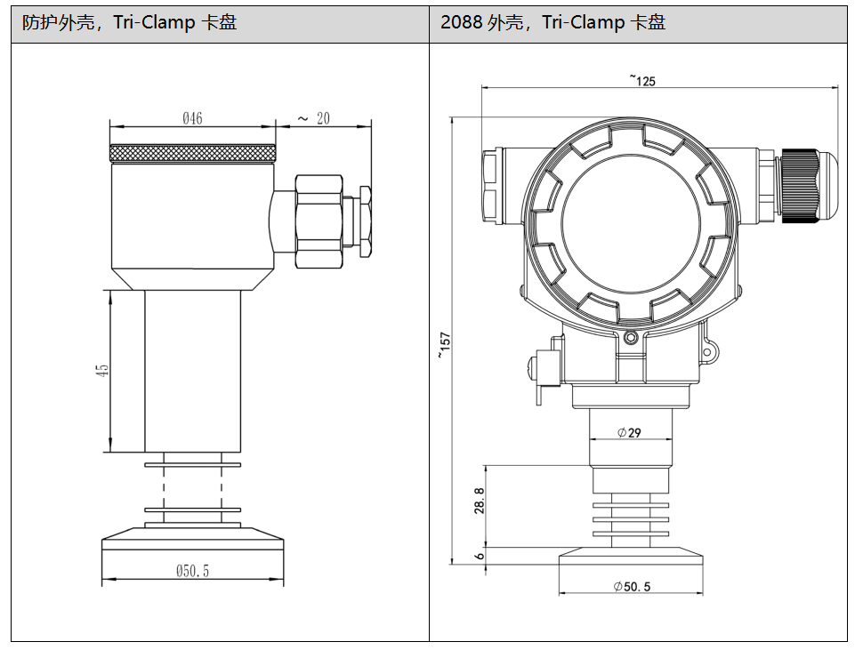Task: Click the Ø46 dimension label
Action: tap(193, 118)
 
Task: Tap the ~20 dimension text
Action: tap(314, 118)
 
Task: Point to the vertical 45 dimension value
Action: tap(102, 370)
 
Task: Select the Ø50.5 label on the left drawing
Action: tap(193, 571)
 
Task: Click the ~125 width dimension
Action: tap(643, 81)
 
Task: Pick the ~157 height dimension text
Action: tap(445, 345)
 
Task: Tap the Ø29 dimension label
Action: tap(629, 433)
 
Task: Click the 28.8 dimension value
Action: tap(480, 501)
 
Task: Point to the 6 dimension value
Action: tap(480, 556)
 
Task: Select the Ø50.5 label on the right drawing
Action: tap(632, 587)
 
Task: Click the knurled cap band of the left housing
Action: tap(193, 153)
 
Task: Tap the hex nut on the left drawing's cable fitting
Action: tap(319, 221)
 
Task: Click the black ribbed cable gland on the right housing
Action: tap(800, 185)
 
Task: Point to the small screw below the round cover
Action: tap(632, 336)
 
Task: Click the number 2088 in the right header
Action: tap(461, 22)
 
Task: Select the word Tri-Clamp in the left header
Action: tap(154, 22)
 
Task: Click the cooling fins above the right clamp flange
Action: tap(631, 519)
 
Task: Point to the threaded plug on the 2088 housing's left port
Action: tap(492, 187)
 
